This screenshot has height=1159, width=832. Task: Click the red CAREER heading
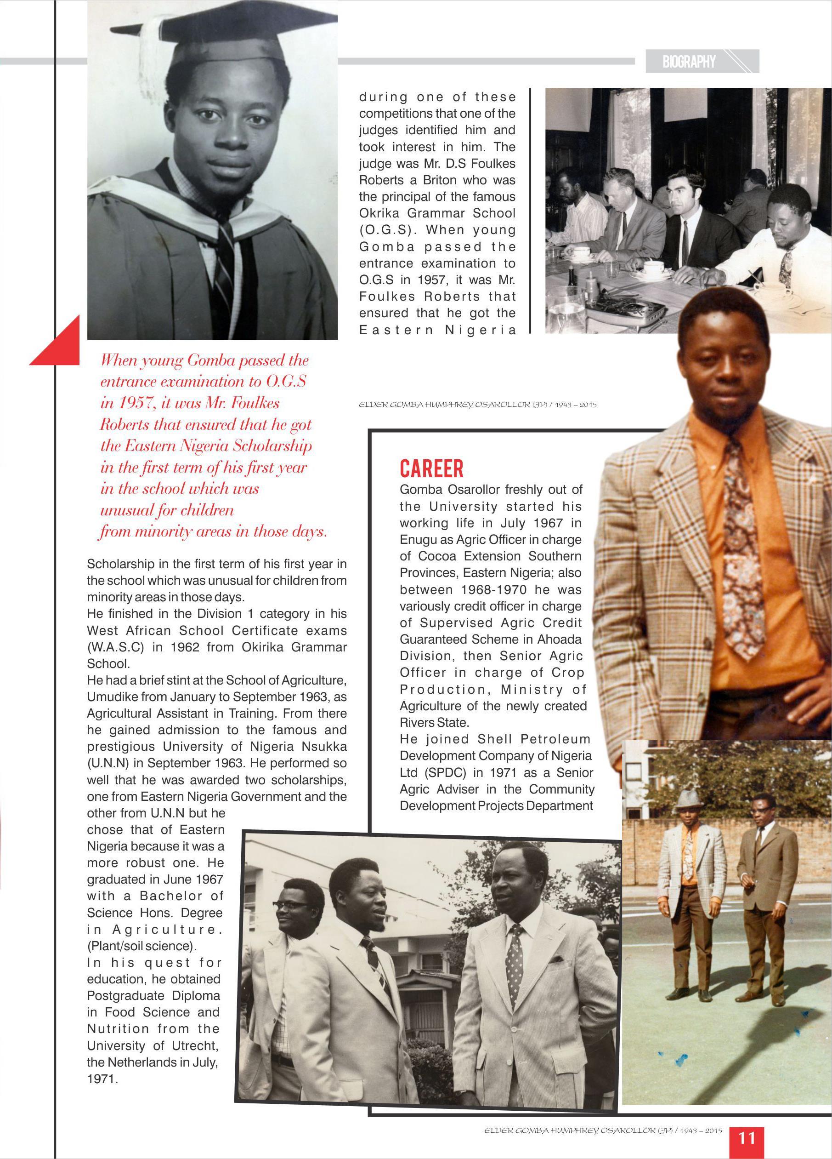pos(431,468)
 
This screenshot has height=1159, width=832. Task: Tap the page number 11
pos(747,1138)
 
